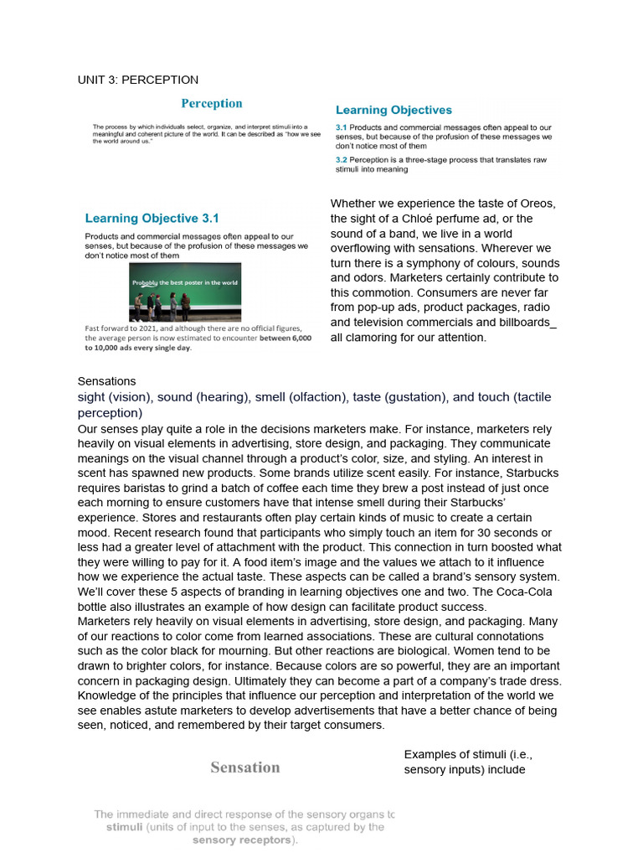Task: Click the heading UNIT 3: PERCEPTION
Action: click(x=138, y=80)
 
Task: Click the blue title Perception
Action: click(x=212, y=104)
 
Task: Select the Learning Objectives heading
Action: click(x=394, y=110)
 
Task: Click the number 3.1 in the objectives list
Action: click(x=342, y=127)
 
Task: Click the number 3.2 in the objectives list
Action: click(x=342, y=159)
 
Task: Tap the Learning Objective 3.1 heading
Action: click(x=152, y=219)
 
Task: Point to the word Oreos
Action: click(x=538, y=204)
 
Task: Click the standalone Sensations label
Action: click(x=106, y=381)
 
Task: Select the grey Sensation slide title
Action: click(x=245, y=768)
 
